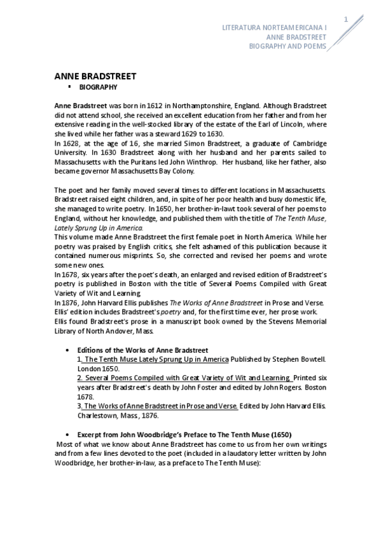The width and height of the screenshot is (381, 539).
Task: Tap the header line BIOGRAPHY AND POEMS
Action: click(287, 46)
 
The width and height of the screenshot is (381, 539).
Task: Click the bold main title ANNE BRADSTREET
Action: click(95, 76)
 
